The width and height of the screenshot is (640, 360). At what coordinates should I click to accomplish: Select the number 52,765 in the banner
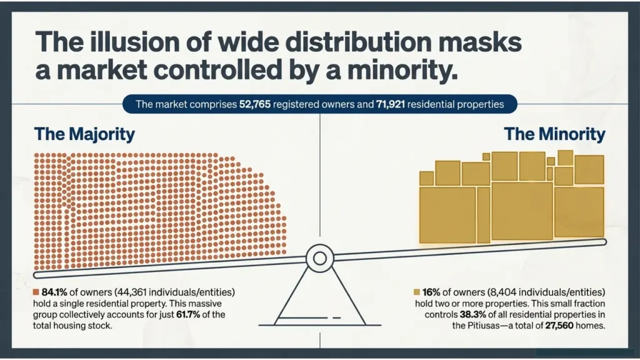tap(255, 104)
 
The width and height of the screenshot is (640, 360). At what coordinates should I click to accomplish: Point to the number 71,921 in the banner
tap(390, 104)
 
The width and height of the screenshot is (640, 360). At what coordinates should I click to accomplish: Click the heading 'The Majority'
tap(84, 134)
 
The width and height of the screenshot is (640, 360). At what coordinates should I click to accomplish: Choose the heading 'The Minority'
tap(555, 134)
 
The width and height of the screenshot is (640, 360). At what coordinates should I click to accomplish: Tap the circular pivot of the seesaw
tap(320, 258)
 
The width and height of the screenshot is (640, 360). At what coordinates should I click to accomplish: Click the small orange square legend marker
tap(36, 292)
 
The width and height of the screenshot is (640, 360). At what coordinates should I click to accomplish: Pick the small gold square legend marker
tap(417, 292)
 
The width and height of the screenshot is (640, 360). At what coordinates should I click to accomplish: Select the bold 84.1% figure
tap(54, 292)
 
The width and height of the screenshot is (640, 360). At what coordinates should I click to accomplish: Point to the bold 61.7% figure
tap(188, 315)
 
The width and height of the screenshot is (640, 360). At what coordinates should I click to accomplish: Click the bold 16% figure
tap(431, 292)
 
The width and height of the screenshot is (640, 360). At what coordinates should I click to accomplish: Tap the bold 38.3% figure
tap(473, 315)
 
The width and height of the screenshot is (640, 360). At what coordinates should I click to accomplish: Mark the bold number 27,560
tap(559, 326)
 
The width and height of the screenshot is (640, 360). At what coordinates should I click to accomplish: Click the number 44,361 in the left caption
tap(132, 292)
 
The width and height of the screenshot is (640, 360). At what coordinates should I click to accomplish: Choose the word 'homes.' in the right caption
tap(590, 326)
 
